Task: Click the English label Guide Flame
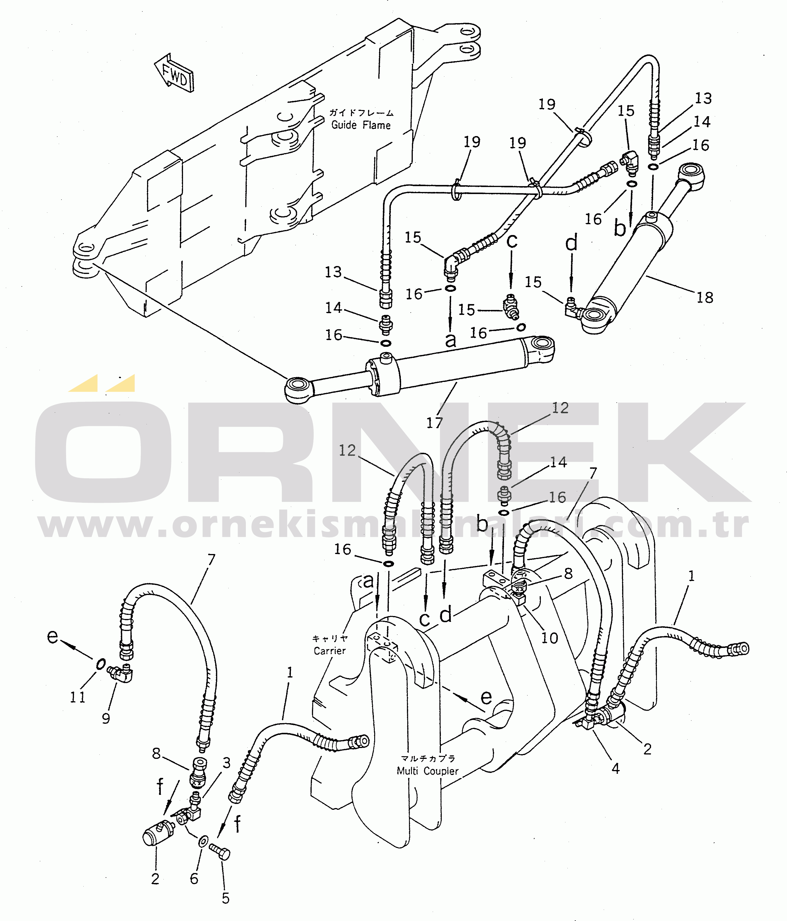pyautogui.click(x=361, y=125)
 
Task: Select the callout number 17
pyautogui.click(x=434, y=423)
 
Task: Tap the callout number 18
pyautogui.click(x=704, y=297)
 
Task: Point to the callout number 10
pyautogui.click(x=549, y=638)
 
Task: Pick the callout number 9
pyautogui.click(x=106, y=718)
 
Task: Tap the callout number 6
pyautogui.click(x=194, y=878)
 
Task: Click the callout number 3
pyautogui.click(x=227, y=763)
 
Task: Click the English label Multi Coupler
pyautogui.click(x=427, y=771)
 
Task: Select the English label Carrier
pyautogui.click(x=329, y=651)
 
